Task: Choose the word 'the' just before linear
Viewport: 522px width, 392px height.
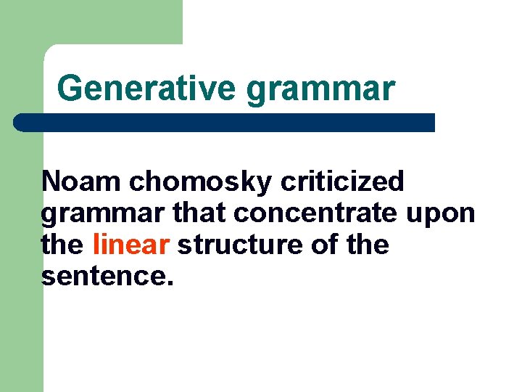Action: tap(63, 245)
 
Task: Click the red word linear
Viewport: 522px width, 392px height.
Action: tap(130, 245)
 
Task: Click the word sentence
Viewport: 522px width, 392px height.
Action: tap(104, 277)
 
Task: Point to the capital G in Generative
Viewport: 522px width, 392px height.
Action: tap(70, 89)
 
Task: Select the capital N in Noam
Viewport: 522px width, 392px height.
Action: tap(51, 182)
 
